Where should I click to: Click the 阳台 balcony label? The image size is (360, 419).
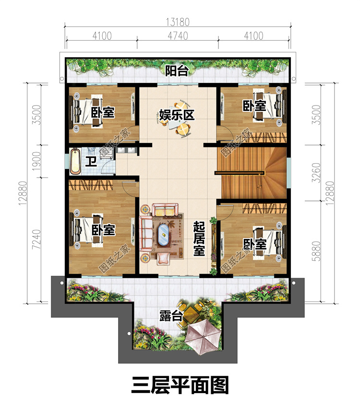coord(177,71)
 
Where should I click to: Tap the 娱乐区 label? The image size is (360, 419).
coord(177,115)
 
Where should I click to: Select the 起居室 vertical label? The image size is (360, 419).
coord(199,239)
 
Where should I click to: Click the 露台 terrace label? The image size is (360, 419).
coord(171,316)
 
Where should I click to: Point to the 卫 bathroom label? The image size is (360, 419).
coord(91,161)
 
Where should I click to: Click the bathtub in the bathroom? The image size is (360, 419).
coord(75,161)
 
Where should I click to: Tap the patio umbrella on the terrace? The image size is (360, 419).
coord(203,336)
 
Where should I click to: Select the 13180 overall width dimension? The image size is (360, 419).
coord(178,22)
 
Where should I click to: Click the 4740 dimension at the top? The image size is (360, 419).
coord(178,36)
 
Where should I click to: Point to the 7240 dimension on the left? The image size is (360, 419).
coord(36,239)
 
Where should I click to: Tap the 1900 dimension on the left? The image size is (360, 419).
coord(36,161)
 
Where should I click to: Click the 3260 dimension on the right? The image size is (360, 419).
coord(316,173)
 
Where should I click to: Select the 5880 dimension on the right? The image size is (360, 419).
coord(316,251)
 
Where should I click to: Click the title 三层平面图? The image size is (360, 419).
coord(180,385)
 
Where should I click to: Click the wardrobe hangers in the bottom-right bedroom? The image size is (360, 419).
coord(264,208)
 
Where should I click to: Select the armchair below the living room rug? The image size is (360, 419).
coord(163,258)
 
